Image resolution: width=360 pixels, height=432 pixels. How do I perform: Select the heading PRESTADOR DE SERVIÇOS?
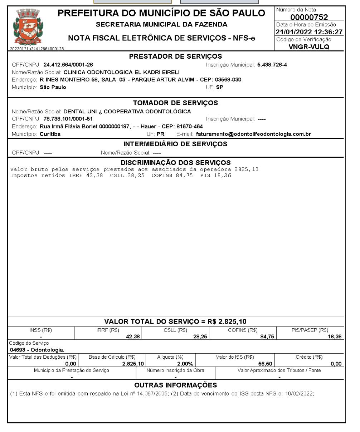[x=175, y=57]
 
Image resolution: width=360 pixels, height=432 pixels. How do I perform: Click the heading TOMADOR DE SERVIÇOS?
[x=175, y=103]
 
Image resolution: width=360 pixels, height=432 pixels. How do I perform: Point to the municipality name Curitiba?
[x=50, y=134]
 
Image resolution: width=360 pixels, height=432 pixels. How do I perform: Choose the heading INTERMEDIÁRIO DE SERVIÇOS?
[x=175, y=144]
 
